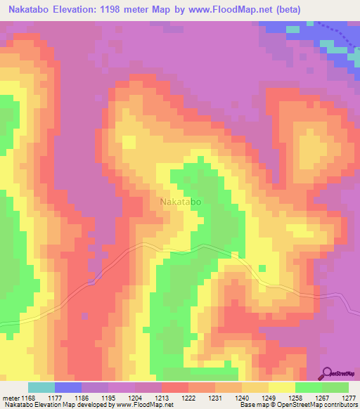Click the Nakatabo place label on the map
[x=181, y=202]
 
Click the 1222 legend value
[x=188, y=398]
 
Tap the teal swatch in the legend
[x=41, y=387]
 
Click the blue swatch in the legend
[x=68, y=387]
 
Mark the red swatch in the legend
[x=174, y=387]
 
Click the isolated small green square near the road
[x=262, y=268]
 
